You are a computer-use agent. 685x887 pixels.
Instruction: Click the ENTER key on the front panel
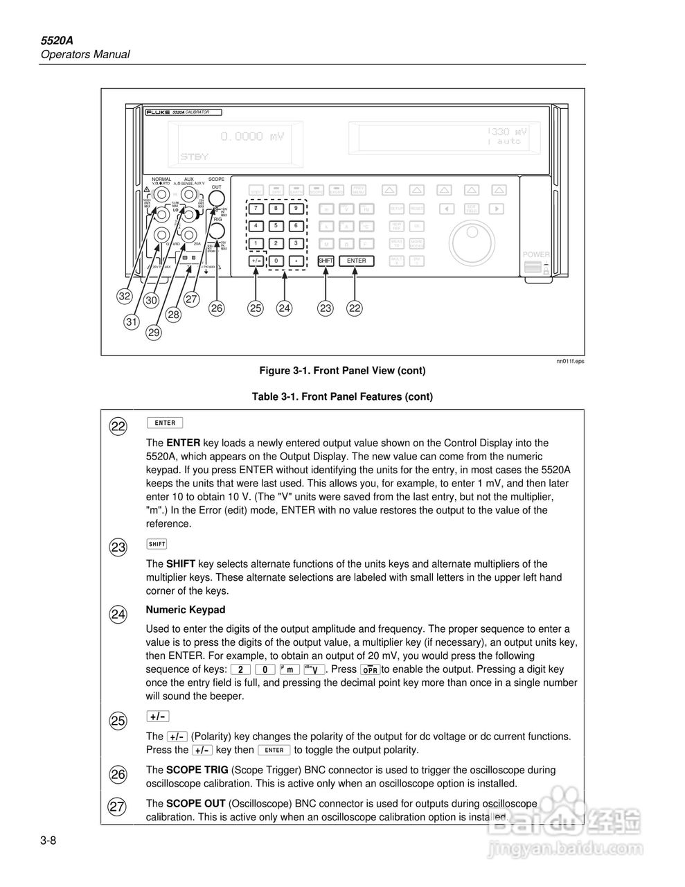[356, 261]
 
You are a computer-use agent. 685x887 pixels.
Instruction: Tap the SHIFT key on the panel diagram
[326, 261]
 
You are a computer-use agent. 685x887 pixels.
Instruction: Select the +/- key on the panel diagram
[256, 261]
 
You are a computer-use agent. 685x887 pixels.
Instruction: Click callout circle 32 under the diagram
[125, 296]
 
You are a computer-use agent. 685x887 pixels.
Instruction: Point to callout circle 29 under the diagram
[153, 333]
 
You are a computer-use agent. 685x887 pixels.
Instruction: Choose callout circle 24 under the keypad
[284, 308]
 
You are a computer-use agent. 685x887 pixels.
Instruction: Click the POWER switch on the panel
[535, 267]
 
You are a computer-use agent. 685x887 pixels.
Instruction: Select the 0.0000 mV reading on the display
[252, 137]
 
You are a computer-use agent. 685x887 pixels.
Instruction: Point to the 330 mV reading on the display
[507, 132]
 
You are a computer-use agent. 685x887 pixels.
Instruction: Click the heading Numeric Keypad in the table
[185, 610]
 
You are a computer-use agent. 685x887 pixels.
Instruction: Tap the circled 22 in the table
[118, 427]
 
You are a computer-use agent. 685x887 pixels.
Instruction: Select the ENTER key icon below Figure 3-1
[165, 423]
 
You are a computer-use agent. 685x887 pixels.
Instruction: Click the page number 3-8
[48, 841]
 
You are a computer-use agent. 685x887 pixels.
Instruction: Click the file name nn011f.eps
[569, 361]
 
